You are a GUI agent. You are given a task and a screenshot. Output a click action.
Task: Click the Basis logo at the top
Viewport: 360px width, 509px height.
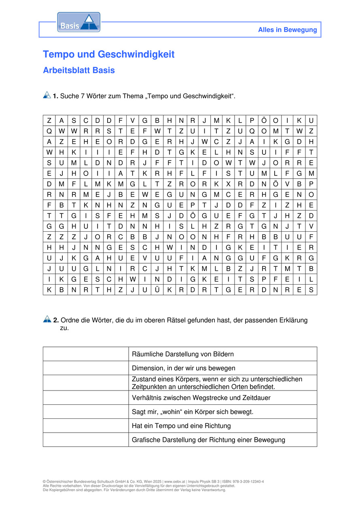(78, 22)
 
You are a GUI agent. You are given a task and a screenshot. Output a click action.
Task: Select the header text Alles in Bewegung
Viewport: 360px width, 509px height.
(287, 30)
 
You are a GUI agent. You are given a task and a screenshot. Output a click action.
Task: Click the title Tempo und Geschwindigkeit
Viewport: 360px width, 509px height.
(108, 54)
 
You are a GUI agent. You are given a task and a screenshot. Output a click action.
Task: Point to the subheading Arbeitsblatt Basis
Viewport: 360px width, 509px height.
(79, 70)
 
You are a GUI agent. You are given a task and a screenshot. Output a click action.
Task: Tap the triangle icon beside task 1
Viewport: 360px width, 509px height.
(47, 95)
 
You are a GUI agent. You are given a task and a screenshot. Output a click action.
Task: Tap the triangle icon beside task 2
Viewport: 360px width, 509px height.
(47, 319)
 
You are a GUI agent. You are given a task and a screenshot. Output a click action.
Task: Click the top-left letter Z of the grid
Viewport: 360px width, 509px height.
(49, 121)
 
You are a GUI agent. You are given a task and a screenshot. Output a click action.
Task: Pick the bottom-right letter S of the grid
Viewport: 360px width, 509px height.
(311, 290)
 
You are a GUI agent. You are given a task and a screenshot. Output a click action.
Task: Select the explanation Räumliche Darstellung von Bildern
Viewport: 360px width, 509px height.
(183, 354)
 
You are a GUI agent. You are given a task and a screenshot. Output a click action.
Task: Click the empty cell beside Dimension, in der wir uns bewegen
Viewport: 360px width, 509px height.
(86, 368)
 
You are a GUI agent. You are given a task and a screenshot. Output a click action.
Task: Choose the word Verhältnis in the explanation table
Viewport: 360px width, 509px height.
(146, 398)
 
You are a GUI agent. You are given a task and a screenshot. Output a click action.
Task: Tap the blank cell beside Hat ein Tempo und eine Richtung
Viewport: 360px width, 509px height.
(86, 426)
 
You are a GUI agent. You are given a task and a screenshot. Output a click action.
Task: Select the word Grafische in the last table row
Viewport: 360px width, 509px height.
(146, 440)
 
